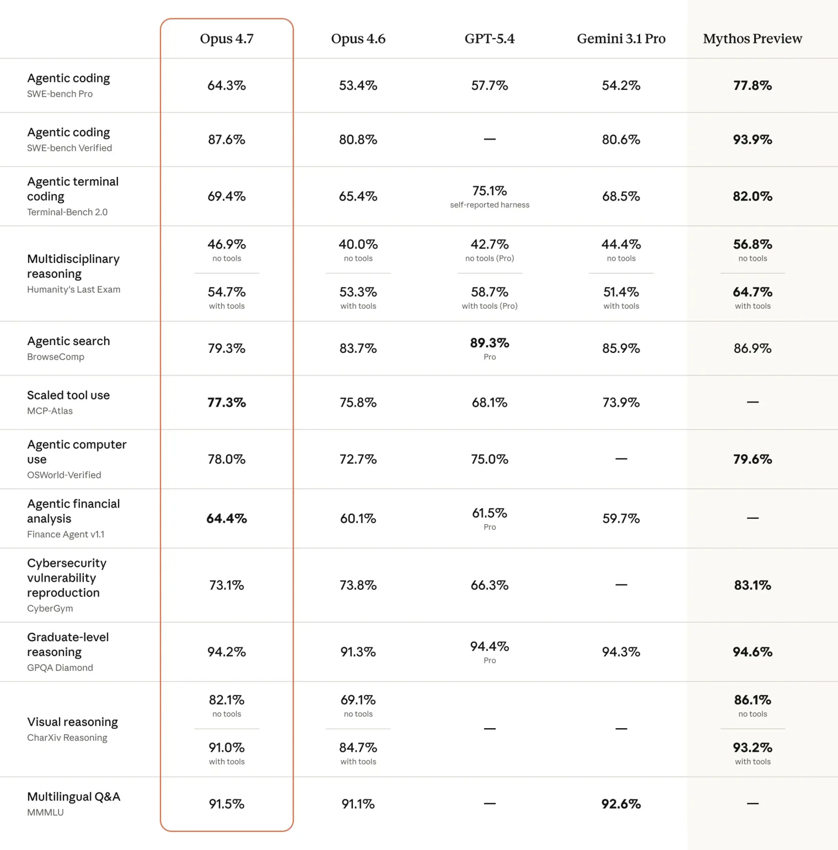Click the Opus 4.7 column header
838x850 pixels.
(x=227, y=39)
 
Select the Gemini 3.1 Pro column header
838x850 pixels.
(x=621, y=39)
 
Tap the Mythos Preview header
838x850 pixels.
(x=752, y=39)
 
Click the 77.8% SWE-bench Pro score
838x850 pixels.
(x=752, y=85)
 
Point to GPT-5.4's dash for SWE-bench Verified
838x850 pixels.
(x=490, y=139)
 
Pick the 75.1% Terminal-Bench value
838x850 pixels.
(x=490, y=191)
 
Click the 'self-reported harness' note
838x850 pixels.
(x=490, y=205)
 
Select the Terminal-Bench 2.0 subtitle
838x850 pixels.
(x=67, y=212)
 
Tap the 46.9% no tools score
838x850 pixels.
(x=227, y=244)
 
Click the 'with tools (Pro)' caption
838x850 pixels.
(x=490, y=306)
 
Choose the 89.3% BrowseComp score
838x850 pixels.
(x=490, y=343)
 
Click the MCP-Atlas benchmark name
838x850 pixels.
(x=50, y=411)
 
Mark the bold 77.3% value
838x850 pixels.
(x=227, y=402)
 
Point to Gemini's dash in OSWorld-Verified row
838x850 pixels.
(x=621, y=459)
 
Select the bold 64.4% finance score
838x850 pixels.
(x=227, y=519)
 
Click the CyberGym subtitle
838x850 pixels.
(x=50, y=609)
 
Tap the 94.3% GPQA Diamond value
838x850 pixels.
(x=621, y=652)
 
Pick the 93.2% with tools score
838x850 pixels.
(x=752, y=748)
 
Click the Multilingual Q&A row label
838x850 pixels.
(x=73, y=797)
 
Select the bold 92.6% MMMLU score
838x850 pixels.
(x=621, y=804)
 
